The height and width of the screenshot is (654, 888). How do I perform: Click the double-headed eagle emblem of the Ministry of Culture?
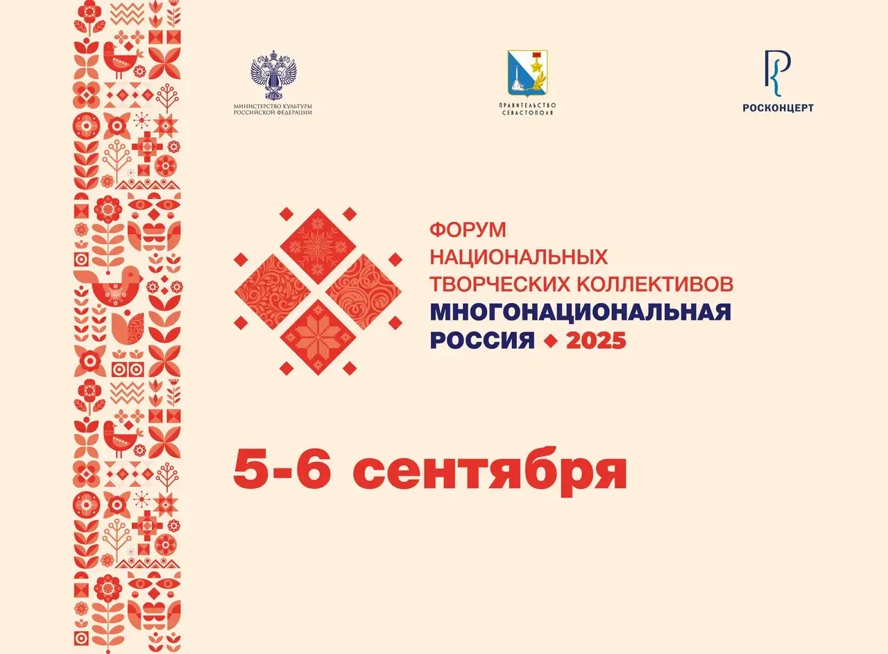pyautogui.click(x=274, y=76)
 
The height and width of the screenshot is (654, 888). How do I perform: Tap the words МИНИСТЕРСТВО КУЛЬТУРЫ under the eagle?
pyautogui.click(x=273, y=107)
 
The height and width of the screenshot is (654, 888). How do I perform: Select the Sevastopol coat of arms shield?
pyautogui.click(x=528, y=74)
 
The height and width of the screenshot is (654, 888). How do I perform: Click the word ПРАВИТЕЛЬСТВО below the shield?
pyautogui.click(x=528, y=105)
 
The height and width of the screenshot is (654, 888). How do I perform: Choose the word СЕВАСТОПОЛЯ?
pyautogui.click(x=528, y=112)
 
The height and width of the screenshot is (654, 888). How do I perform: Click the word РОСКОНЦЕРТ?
pyautogui.click(x=778, y=107)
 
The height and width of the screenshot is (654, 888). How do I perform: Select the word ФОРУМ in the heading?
pyautogui.click(x=468, y=230)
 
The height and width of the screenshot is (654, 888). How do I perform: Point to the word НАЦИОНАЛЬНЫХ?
pyautogui.click(x=518, y=257)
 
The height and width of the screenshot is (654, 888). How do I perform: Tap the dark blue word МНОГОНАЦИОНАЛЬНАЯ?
pyautogui.click(x=581, y=312)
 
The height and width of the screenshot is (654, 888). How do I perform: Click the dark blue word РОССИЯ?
pyautogui.click(x=482, y=340)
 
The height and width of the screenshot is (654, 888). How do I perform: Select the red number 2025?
pyautogui.click(x=596, y=340)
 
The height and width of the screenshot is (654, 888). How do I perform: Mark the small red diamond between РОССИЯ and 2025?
pyautogui.click(x=550, y=341)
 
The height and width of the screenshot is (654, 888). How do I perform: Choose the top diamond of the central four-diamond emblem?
pyautogui.click(x=318, y=246)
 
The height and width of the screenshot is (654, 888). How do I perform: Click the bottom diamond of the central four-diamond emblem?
pyautogui.click(x=318, y=337)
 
